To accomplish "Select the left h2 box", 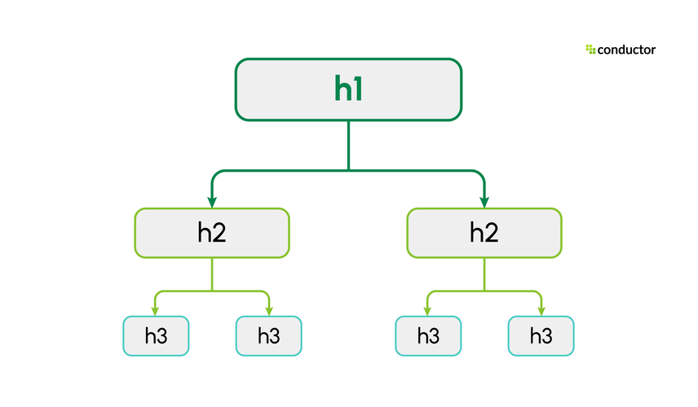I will click(x=211, y=233).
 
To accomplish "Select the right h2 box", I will click(x=484, y=233).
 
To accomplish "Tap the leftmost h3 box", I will click(x=156, y=335).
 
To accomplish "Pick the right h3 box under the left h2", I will click(x=268, y=335).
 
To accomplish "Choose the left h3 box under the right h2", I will click(x=428, y=335).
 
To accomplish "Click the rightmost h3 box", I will click(x=541, y=335).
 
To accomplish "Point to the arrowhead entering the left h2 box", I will click(x=212, y=202).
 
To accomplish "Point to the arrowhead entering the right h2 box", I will click(x=484, y=202).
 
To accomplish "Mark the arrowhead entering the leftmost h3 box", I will click(x=156, y=310).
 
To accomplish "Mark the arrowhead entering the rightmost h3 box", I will click(x=541, y=310).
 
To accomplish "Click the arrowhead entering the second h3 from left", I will click(x=268, y=310).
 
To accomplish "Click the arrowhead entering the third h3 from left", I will click(x=428, y=310).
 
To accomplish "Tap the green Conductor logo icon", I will click(x=590, y=50).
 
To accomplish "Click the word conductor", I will click(x=626, y=50).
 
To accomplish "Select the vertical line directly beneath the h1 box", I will click(x=348, y=145).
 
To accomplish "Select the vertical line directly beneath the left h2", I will click(x=212, y=274).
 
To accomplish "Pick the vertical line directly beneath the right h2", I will click(x=484, y=274).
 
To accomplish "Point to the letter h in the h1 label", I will click(x=342, y=90).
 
